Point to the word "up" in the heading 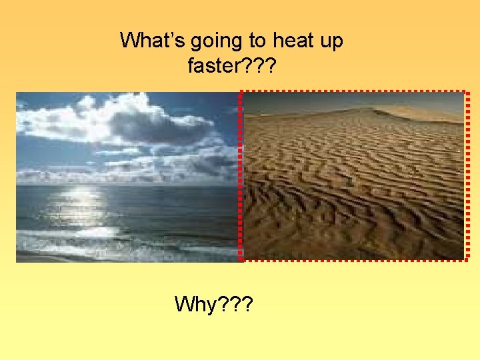click(x=331, y=41)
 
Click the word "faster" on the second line click(x=213, y=66)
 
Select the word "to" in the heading click(x=257, y=41)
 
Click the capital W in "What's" click(x=129, y=41)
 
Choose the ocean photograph click(x=127, y=177)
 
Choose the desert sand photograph click(x=353, y=177)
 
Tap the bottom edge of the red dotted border click(x=353, y=259)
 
